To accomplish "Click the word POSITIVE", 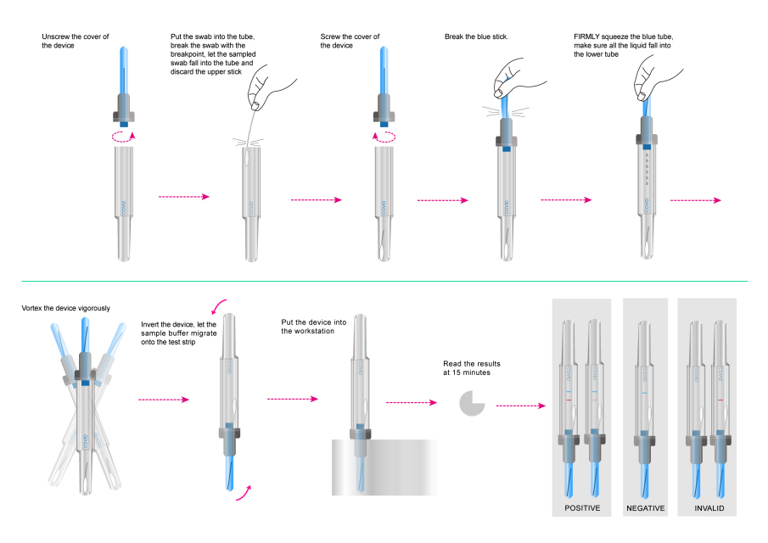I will pyautogui.click(x=582, y=508).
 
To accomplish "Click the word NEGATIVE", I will pyautogui.click(x=646, y=508).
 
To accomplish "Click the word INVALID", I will pyautogui.click(x=709, y=508).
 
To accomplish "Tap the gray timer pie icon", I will pyautogui.click(x=472, y=403).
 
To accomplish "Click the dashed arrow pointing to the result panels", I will pyautogui.click(x=521, y=406).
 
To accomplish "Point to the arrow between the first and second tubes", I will pyautogui.click(x=184, y=197).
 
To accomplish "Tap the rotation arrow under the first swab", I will pyautogui.click(x=124, y=135).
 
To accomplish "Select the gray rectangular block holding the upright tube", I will pyautogui.click(x=384, y=467).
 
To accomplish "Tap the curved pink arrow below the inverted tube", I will pyautogui.click(x=244, y=493).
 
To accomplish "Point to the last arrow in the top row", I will pyautogui.click(x=696, y=200).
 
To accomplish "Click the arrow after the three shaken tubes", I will pyautogui.click(x=164, y=399).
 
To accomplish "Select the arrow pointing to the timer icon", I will pyautogui.click(x=412, y=402).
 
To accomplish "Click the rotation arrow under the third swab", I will pyautogui.click(x=384, y=135).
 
